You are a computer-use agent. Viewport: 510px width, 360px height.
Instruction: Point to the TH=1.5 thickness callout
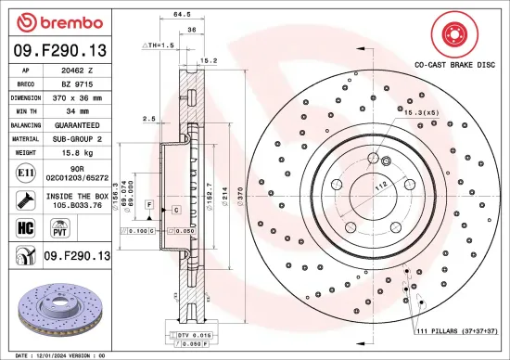tap(158, 45)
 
